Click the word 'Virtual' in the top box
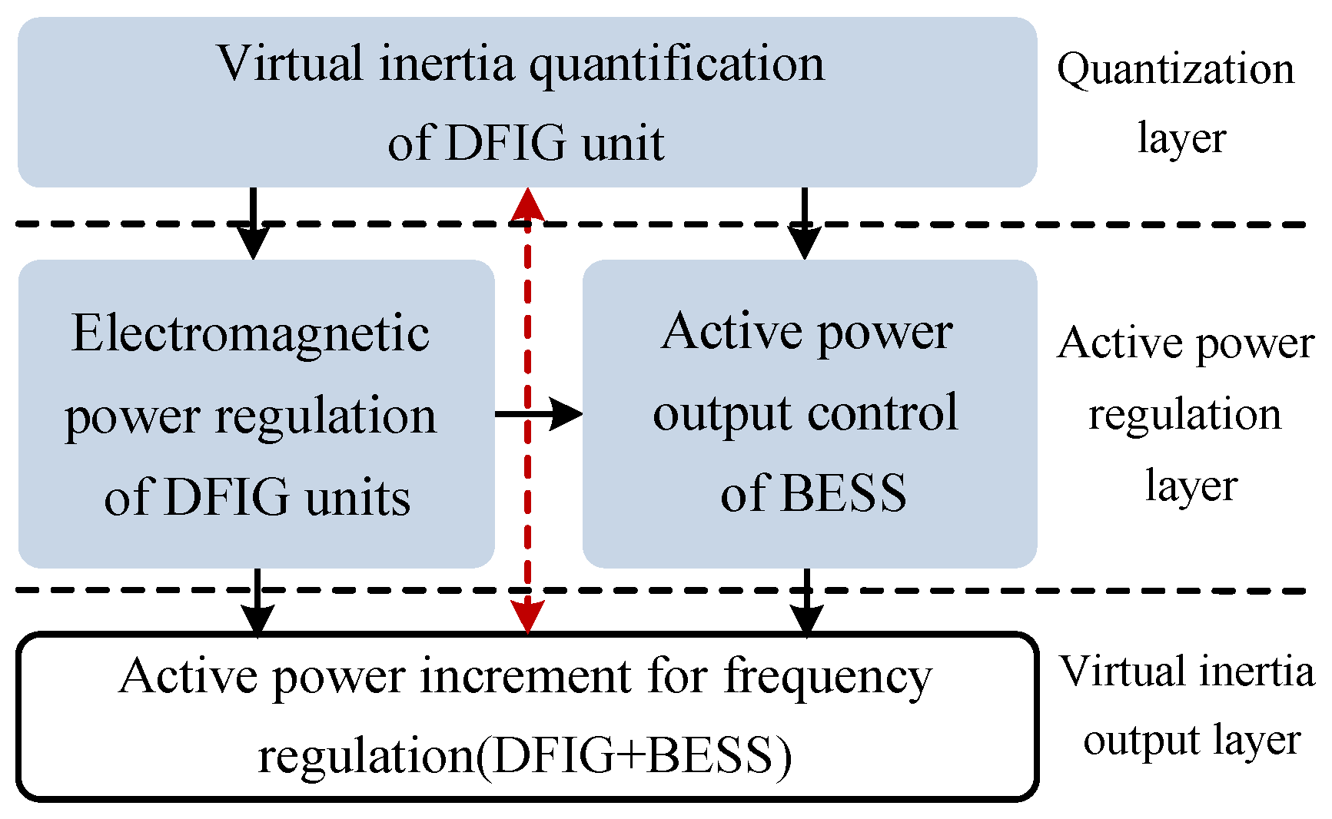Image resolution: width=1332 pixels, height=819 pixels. (x=289, y=64)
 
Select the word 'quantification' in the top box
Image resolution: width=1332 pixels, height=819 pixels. (x=676, y=65)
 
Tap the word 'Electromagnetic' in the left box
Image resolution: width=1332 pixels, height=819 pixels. (x=251, y=334)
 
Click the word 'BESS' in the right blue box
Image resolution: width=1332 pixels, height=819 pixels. (x=843, y=493)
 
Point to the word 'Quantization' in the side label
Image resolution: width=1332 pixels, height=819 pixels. (x=1175, y=69)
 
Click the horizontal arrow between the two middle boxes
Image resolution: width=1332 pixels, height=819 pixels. (x=539, y=414)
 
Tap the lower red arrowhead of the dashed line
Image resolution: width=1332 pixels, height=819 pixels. (x=527, y=615)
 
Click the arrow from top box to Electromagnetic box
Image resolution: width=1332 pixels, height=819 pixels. (x=253, y=223)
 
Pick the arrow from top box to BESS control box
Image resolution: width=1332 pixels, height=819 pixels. (x=804, y=223)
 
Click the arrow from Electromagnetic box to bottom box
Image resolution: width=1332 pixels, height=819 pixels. (x=257, y=601)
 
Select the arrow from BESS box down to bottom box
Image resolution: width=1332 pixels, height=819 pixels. (x=806, y=601)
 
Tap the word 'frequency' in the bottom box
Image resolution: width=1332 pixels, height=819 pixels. (x=828, y=678)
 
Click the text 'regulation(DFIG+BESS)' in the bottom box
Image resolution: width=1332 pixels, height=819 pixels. (x=524, y=756)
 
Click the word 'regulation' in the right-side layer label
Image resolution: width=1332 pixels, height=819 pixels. (x=1184, y=415)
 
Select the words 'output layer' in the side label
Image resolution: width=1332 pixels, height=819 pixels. (x=1191, y=741)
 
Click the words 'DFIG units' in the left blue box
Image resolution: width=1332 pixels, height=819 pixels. (x=287, y=498)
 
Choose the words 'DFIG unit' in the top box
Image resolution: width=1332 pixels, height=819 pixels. (x=554, y=143)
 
